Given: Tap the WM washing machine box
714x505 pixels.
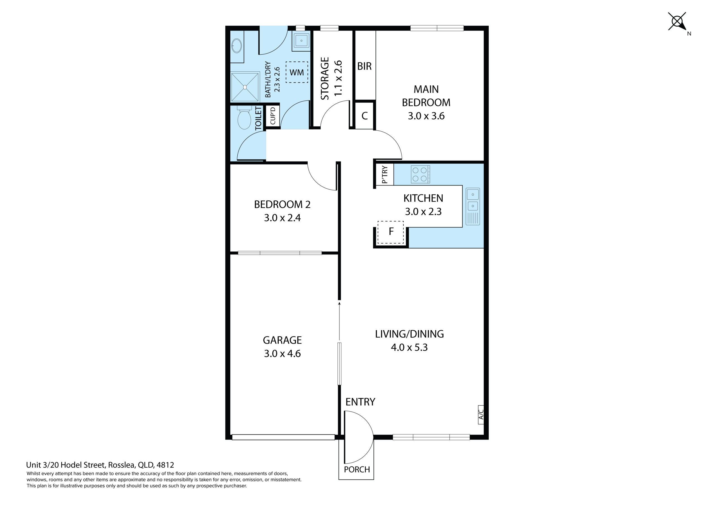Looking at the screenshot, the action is (x=297, y=72).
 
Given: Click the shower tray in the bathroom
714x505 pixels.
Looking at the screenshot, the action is (x=245, y=87).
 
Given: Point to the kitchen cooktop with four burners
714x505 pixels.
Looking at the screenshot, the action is (x=420, y=174).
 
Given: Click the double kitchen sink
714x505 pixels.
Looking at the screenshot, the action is (x=473, y=206).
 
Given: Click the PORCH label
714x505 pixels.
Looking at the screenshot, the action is (x=357, y=470).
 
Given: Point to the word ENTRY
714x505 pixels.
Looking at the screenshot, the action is (x=360, y=402).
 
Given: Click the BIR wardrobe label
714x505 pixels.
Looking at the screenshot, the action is (x=365, y=66).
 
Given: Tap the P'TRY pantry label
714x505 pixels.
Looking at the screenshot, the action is (x=385, y=175).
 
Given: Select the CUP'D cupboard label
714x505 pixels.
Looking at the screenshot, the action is (x=273, y=116).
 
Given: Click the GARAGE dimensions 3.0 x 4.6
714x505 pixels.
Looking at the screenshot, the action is (x=282, y=353).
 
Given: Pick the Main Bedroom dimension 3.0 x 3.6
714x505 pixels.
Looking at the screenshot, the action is (x=426, y=116).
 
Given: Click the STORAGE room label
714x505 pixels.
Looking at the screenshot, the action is (x=325, y=78).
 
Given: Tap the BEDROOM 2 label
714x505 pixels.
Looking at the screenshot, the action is (x=282, y=205).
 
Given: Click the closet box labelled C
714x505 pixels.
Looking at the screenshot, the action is (x=365, y=116).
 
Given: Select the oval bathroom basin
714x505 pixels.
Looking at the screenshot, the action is (x=237, y=46).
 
